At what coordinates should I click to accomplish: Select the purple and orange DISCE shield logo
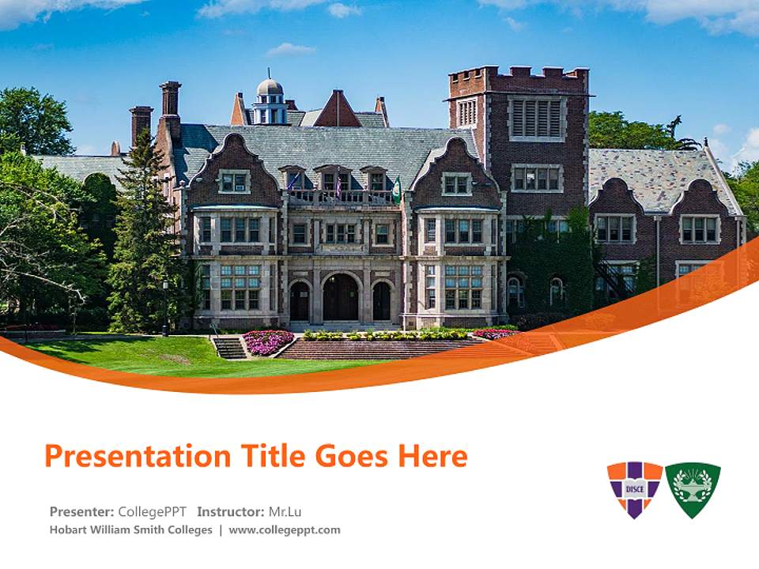pyautogui.click(x=634, y=489)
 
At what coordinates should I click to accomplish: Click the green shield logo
pyautogui.click(x=693, y=489)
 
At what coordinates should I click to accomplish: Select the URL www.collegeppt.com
pyautogui.click(x=285, y=530)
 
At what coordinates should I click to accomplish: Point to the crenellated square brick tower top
pyautogui.click(x=518, y=81)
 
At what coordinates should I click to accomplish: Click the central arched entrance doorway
pyautogui.click(x=340, y=298)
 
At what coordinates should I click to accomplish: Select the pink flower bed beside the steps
pyautogui.click(x=267, y=342)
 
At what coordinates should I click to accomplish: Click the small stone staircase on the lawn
pyautogui.click(x=229, y=347)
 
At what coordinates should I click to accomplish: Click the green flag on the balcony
pyautogui.click(x=397, y=190)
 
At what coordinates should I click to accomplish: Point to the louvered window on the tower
pyautogui.click(x=537, y=119)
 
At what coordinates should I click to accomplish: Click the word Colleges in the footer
pyautogui.click(x=190, y=530)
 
